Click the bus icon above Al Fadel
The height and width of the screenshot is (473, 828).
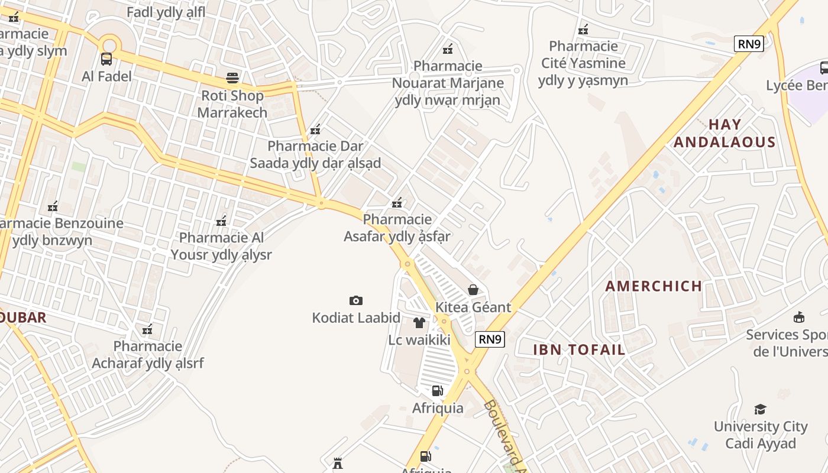click(106, 59)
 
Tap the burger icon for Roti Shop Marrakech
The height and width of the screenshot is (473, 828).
click(232, 78)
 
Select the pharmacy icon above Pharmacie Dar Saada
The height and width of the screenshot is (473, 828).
click(315, 129)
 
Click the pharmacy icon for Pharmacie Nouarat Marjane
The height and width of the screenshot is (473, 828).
click(448, 48)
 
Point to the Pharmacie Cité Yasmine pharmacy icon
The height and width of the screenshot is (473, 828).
click(583, 29)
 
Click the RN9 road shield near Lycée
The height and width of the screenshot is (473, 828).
click(749, 44)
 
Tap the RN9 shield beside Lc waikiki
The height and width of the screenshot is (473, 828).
click(490, 339)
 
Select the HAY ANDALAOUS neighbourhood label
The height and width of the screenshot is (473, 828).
click(724, 133)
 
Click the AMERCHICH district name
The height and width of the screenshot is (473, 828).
click(654, 286)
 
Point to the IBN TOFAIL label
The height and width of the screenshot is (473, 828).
click(579, 349)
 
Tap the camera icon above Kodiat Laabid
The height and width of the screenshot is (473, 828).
click(355, 300)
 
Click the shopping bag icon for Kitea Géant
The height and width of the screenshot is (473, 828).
click(473, 290)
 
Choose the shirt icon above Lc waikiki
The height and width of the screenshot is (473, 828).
click(419, 322)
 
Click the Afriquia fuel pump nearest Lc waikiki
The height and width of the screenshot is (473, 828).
click(437, 390)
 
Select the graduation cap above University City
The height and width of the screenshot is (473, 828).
click(760, 409)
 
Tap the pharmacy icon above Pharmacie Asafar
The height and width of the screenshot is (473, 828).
click(397, 203)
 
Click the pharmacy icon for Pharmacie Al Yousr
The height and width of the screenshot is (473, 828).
click(221, 221)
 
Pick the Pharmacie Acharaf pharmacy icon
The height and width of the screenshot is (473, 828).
click(147, 329)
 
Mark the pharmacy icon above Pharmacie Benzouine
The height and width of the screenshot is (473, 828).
click(53, 206)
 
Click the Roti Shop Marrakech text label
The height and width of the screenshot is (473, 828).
click(232, 103)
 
